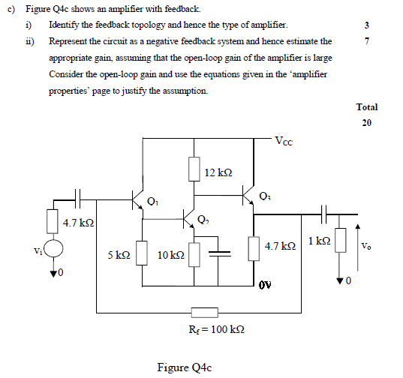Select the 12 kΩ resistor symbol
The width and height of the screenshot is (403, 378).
coord(194,169)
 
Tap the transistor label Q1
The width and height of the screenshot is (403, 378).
coord(154,200)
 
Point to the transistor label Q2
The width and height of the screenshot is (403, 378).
coord(204,219)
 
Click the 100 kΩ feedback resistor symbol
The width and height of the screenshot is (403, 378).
coord(205,312)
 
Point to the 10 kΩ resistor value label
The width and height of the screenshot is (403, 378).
coord(171,256)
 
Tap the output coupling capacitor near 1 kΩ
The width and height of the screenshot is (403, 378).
coord(323,214)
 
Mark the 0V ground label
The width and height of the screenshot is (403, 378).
coord(263,285)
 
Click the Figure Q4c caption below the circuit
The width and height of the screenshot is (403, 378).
coord(185,367)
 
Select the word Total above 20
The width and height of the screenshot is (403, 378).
coord(367,107)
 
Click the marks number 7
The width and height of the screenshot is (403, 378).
coord(366,41)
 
